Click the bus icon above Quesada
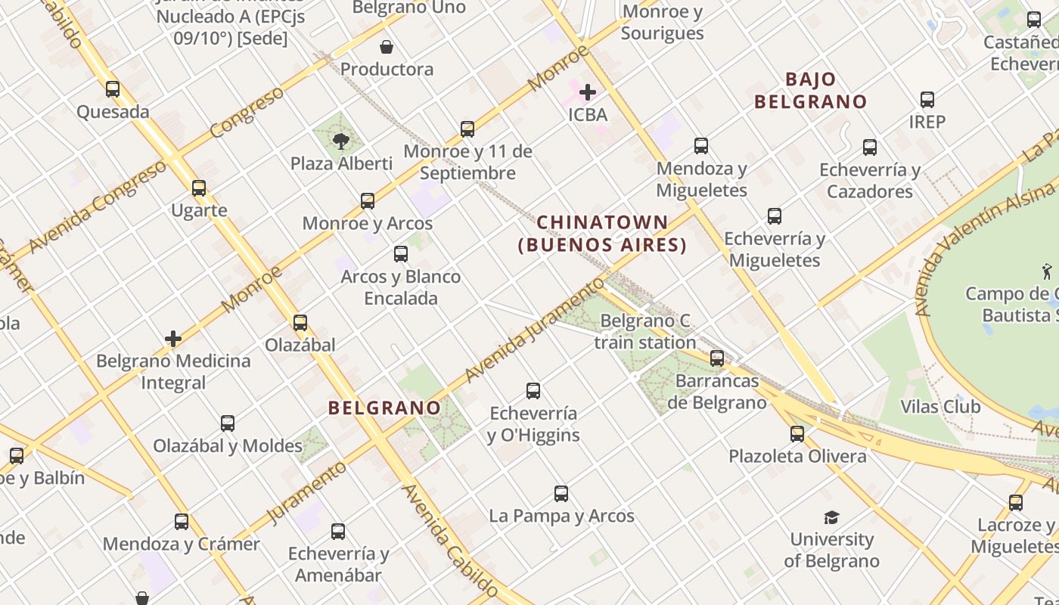coord(113,89)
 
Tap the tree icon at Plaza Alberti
coord(341,140)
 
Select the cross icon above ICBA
coord(588,92)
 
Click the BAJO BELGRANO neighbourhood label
coord(810,90)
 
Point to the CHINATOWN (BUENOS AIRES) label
coord(602,234)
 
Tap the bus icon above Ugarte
coord(199,188)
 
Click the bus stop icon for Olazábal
coord(300,323)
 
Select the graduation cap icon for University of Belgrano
coord(831,517)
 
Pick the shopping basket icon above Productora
coord(387,47)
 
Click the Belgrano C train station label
coord(645,331)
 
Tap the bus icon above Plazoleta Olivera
coord(797,434)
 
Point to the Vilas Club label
coord(940,406)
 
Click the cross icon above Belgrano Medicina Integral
coord(173,338)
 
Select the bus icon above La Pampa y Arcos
coord(561,494)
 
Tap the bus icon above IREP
coord(927,99)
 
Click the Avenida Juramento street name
coord(534,330)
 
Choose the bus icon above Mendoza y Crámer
coord(182,521)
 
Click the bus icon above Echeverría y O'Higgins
coord(533,391)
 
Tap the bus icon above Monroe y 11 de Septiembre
coord(467,129)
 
